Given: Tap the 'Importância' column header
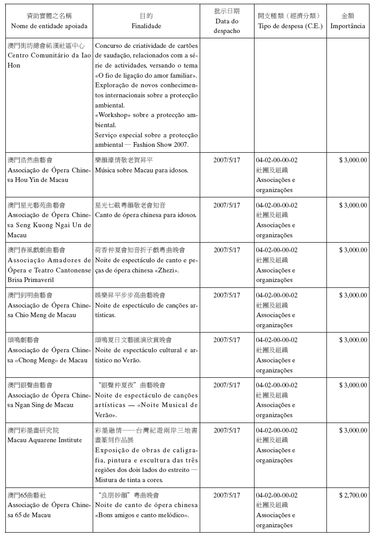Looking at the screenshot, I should coord(348,26).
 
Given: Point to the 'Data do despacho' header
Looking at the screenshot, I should coord(226,26).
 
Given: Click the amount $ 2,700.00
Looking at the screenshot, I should coord(353,495).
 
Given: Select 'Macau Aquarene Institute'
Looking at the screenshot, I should coord(45,440).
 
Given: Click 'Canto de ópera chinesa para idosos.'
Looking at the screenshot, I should coord(146,215).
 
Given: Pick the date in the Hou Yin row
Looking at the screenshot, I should coord(226,160).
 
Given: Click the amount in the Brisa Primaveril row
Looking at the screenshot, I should coord(353,250).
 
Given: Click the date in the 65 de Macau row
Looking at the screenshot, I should coord(226,495).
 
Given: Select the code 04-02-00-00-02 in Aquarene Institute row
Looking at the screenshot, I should coord(276,431).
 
